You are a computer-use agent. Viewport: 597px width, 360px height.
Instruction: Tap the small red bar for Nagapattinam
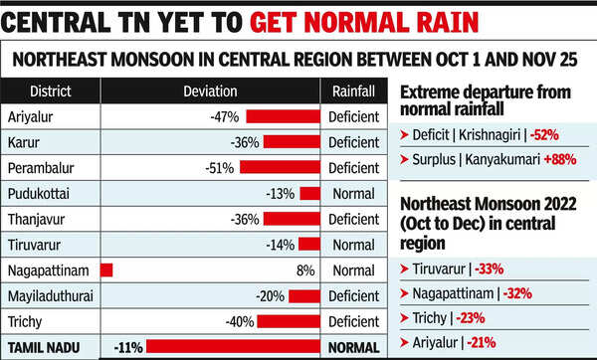pyautogui.click(x=106, y=270)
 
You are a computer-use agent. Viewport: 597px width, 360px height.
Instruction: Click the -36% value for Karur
pyautogui.click(x=244, y=142)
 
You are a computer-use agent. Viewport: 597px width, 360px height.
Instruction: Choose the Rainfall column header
pyautogui.click(x=353, y=91)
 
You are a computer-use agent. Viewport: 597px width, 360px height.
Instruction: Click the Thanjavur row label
pyautogui.click(x=37, y=219)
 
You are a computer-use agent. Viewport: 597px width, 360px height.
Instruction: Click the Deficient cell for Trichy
pyautogui.click(x=353, y=321)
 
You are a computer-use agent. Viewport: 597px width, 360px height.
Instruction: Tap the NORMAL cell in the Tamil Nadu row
pyautogui.click(x=353, y=347)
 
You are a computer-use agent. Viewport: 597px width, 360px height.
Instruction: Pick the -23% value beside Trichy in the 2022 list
pyautogui.click(x=471, y=319)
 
